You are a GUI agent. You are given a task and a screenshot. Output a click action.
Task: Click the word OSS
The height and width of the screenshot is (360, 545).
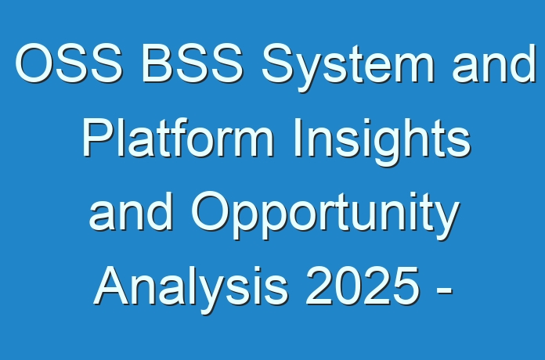(68, 63)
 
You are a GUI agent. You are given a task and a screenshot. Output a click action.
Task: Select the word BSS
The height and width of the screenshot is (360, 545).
(192, 63)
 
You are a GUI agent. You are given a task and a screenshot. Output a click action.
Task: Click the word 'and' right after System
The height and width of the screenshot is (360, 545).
(493, 63)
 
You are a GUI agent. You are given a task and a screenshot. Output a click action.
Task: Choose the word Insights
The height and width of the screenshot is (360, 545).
(382, 142)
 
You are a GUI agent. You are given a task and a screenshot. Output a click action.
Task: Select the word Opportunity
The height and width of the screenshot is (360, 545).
(325, 215)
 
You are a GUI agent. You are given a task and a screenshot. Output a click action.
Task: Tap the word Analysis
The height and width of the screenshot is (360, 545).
(191, 290)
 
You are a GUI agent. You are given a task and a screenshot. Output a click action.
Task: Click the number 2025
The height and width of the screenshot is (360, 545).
(363, 286)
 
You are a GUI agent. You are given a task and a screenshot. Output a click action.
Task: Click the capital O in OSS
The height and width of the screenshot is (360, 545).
(34, 63)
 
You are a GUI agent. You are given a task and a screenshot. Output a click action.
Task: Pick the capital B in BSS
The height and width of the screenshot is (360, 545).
(157, 63)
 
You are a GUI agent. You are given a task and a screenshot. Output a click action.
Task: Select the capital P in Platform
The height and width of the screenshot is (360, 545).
(98, 137)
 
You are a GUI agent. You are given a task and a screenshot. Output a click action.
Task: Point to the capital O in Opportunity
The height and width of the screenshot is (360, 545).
(211, 211)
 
